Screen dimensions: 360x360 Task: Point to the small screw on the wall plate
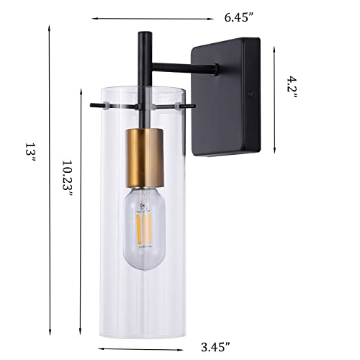pyautogui.click(x=250, y=94)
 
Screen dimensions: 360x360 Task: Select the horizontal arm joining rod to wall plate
pyautogui.click(x=180, y=69)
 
